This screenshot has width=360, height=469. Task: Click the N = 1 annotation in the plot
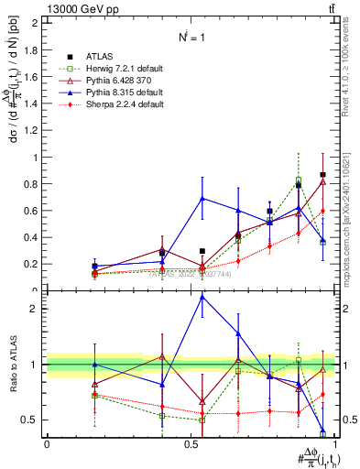click(x=192, y=37)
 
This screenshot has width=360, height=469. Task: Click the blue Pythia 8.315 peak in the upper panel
click(x=202, y=198)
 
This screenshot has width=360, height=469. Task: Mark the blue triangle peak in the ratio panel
click(x=202, y=297)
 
